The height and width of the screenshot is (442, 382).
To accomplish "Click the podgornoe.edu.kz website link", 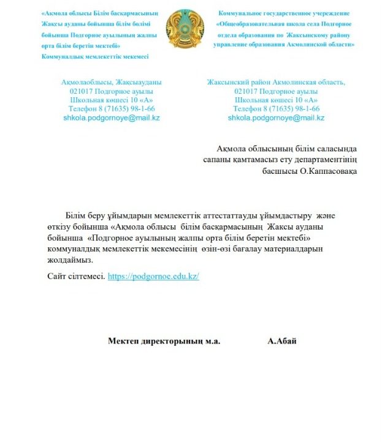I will click(153, 277).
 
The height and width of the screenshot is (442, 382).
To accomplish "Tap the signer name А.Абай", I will click(282, 341).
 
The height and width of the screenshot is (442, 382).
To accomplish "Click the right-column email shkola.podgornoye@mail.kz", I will click(276, 118).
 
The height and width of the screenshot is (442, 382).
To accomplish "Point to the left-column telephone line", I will click(112, 108).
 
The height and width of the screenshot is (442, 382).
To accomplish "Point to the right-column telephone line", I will click(276, 108).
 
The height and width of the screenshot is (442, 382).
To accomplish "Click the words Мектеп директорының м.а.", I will click(164, 341).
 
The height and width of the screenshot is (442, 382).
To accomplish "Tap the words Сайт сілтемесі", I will click(76, 277).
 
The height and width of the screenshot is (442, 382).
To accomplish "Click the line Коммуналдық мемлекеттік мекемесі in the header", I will click(94, 56).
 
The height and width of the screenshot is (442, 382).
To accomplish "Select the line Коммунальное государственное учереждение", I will click(284, 13).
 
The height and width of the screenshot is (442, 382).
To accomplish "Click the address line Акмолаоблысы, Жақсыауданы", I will click(112, 82).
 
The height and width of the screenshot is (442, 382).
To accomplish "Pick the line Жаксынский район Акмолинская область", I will click(276, 82).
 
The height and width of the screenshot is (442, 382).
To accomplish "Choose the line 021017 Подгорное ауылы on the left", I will click(112, 91).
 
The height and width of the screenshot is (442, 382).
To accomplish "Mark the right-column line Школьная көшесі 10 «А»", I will click(276, 100).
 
